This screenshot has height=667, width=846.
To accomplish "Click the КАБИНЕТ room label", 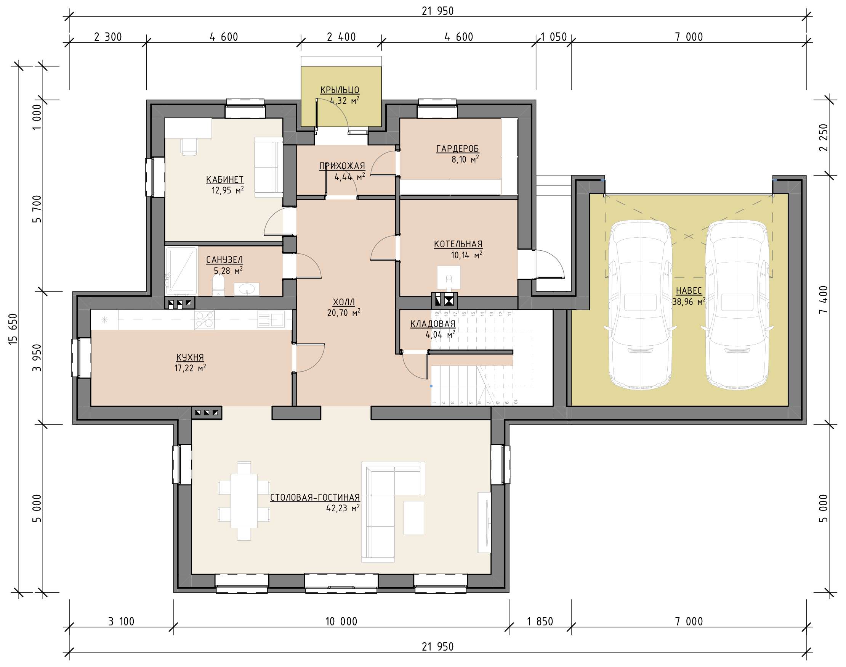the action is (x=225, y=180).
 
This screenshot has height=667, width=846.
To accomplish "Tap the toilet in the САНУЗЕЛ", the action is (x=218, y=286).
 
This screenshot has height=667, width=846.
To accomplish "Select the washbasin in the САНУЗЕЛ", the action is (x=247, y=289).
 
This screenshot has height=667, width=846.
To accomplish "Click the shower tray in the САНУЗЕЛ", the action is (x=181, y=271).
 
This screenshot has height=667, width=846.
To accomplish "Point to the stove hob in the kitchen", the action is (x=205, y=320).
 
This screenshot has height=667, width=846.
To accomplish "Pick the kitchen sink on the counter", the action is (x=271, y=319).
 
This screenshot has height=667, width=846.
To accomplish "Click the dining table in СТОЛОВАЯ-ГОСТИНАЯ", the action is (x=244, y=501).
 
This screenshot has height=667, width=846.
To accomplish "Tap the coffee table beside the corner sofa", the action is (x=413, y=518).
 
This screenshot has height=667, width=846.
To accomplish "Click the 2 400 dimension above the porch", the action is (x=341, y=37).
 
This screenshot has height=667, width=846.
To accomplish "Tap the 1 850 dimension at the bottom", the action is (x=540, y=621).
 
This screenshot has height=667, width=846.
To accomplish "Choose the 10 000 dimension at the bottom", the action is (x=341, y=621).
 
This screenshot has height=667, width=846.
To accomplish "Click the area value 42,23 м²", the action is (x=343, y=508).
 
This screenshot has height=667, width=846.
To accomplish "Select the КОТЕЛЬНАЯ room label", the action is (x=458, y=244).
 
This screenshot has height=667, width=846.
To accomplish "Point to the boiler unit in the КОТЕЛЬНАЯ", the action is (x=449, y=278).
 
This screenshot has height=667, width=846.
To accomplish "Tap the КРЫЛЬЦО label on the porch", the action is (x=340, y=90).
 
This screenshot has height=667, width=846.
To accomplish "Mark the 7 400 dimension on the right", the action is (x=823, y=300).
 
